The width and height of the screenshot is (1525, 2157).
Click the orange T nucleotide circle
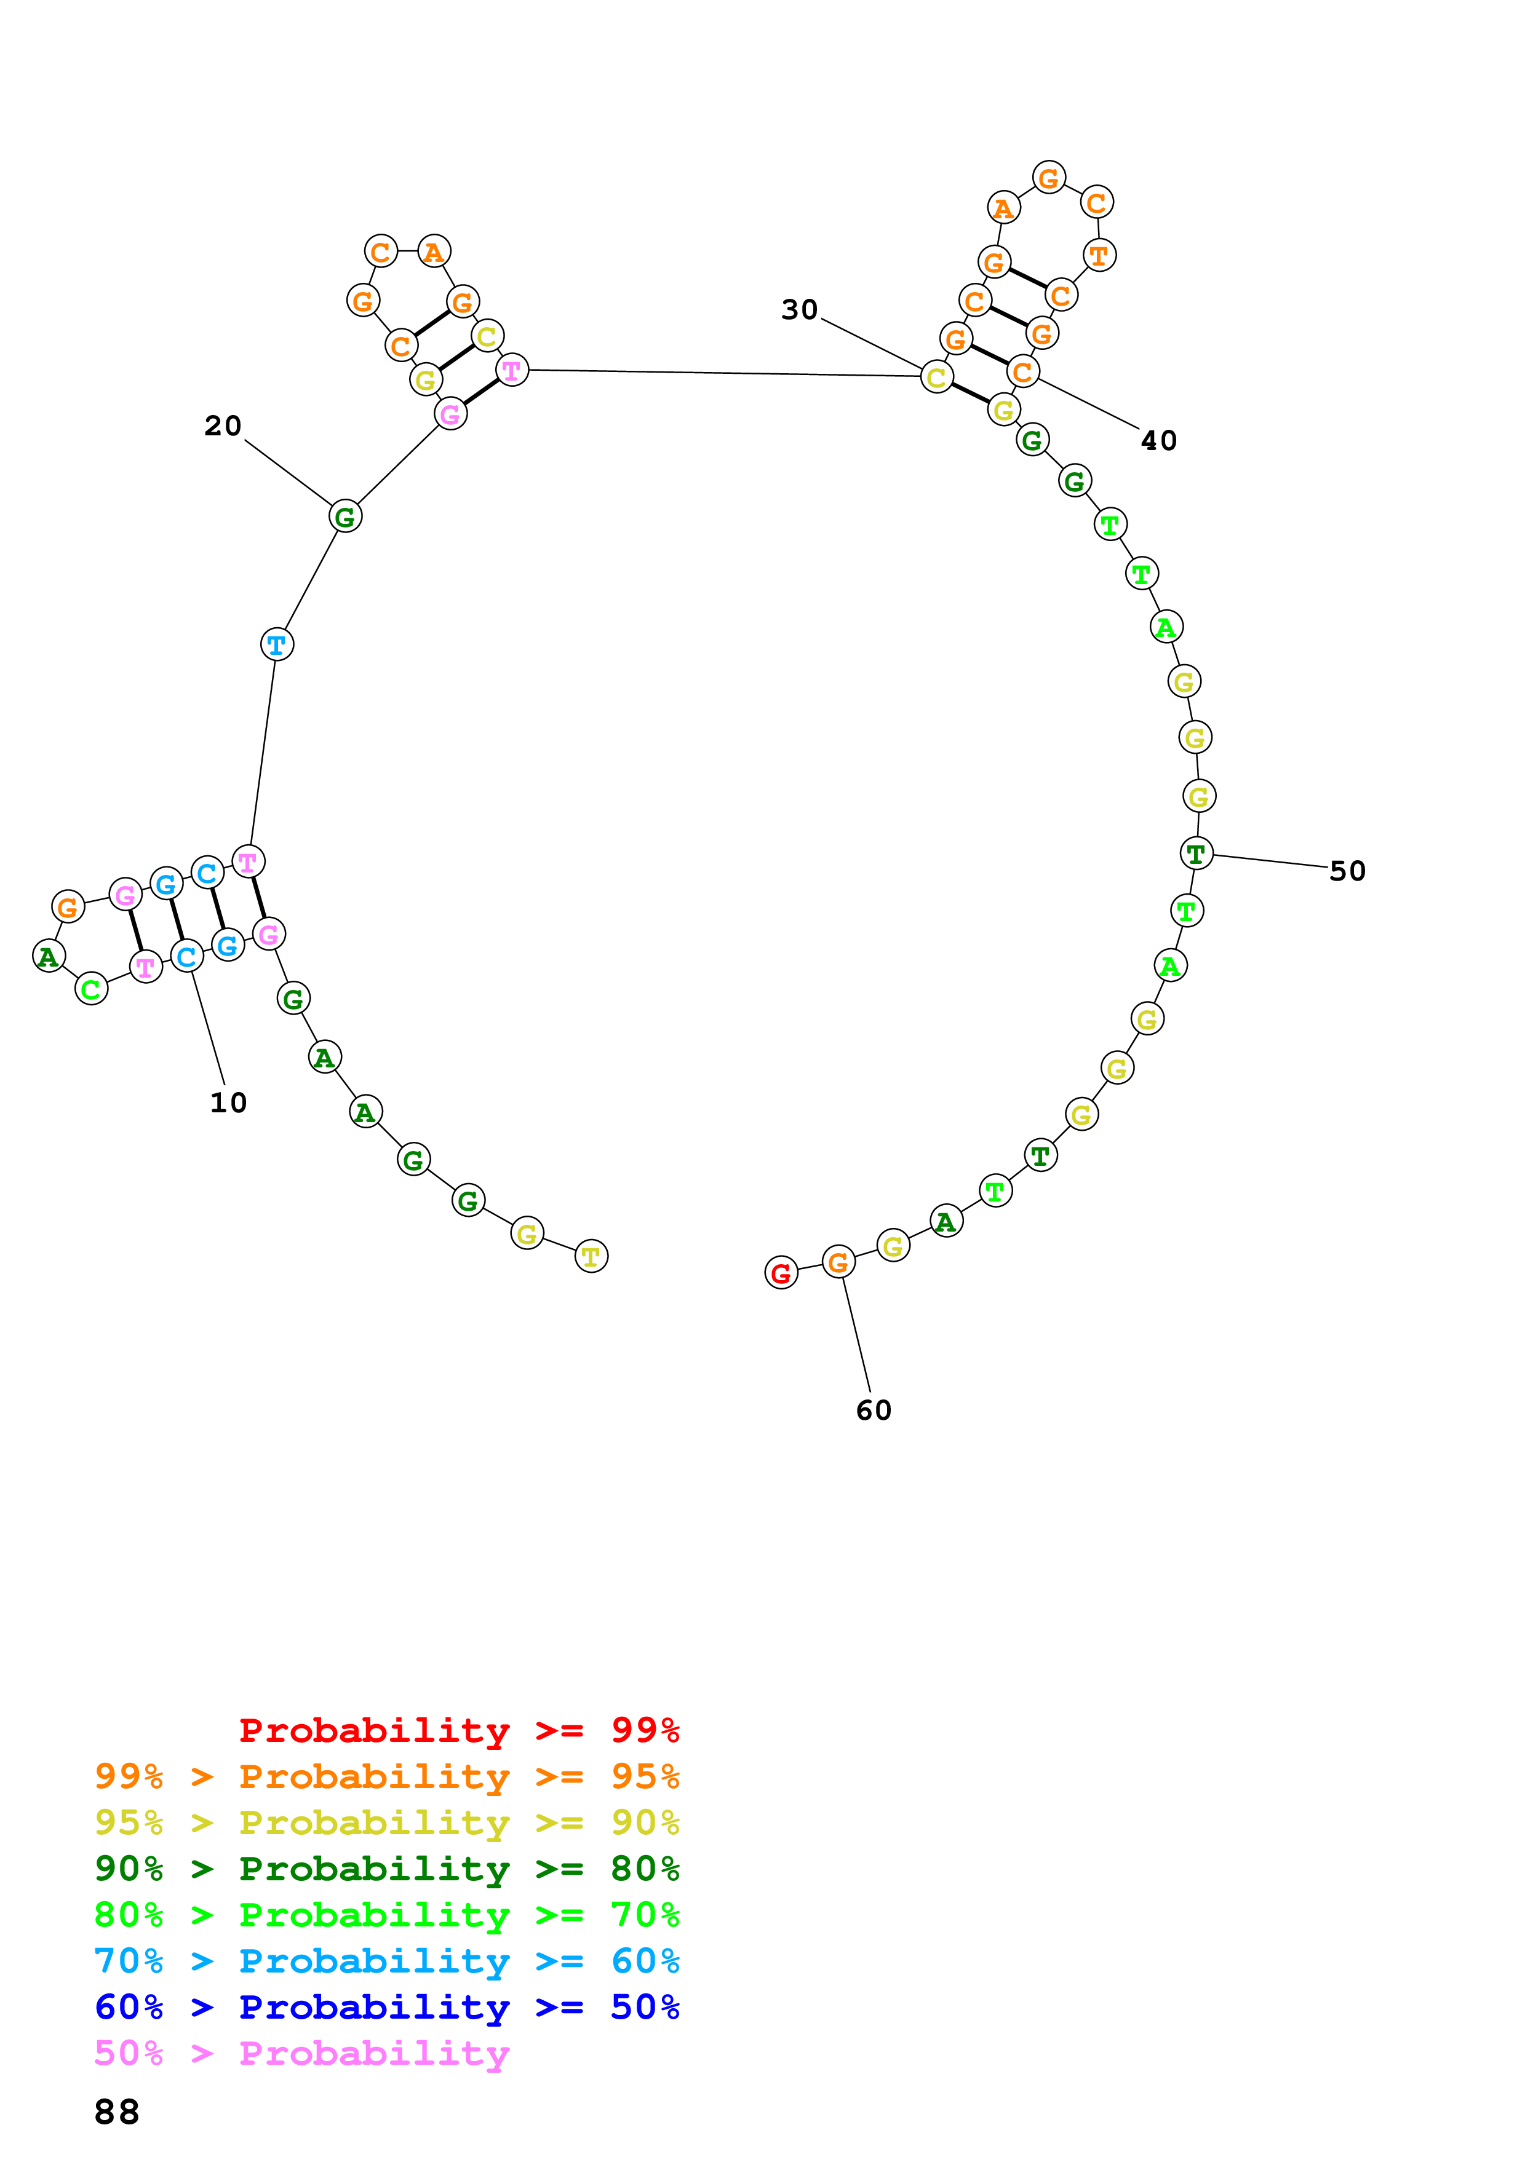point(1099,256)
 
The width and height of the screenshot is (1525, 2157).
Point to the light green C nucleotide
point(91,989)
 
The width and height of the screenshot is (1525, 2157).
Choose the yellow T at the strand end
point(591,1256)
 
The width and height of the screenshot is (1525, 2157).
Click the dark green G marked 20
point(346,516)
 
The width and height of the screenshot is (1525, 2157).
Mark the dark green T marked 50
point(1196,854)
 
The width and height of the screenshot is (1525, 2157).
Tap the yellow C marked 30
point(937,377)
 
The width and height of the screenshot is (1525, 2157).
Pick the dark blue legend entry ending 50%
point(386,2007)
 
